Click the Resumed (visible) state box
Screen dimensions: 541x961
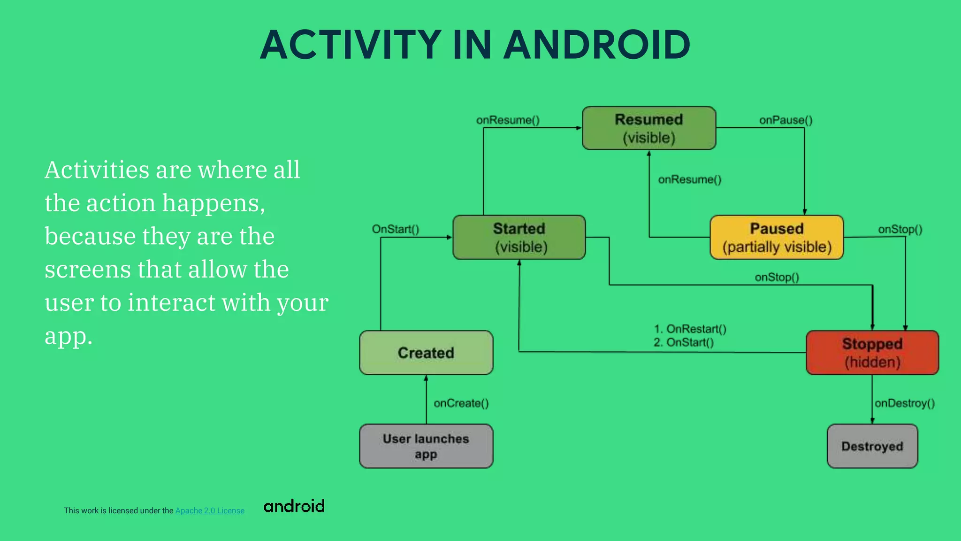coord(649,128)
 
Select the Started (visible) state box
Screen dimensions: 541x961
coord(519,237)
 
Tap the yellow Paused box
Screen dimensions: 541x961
coord(777,237)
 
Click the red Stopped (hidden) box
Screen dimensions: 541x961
coord(872,353)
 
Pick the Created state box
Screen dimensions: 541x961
coord(426,353)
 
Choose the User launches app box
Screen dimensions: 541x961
coord(426,446)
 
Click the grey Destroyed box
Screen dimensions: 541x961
coord(872,446)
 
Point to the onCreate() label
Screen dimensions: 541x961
coord(461,403)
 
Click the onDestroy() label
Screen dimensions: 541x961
coord(905,403)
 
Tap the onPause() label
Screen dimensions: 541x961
coord(786,120)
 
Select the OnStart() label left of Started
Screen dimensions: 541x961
coord(396,229)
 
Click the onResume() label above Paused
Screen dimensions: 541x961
coord(690,179)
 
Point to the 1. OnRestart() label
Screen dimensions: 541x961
coord(690,329)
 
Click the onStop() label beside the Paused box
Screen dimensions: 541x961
coord(900,229)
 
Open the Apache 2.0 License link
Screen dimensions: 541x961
coord(210,510)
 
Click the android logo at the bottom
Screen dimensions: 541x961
coord(294,506)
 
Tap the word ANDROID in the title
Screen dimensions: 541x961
coord(597,45)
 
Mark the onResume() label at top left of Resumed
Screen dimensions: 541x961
coord(508,120)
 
